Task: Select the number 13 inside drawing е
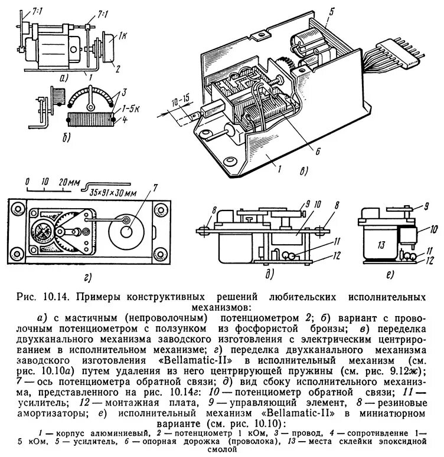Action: pyautogui.click(x=376, y=245)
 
